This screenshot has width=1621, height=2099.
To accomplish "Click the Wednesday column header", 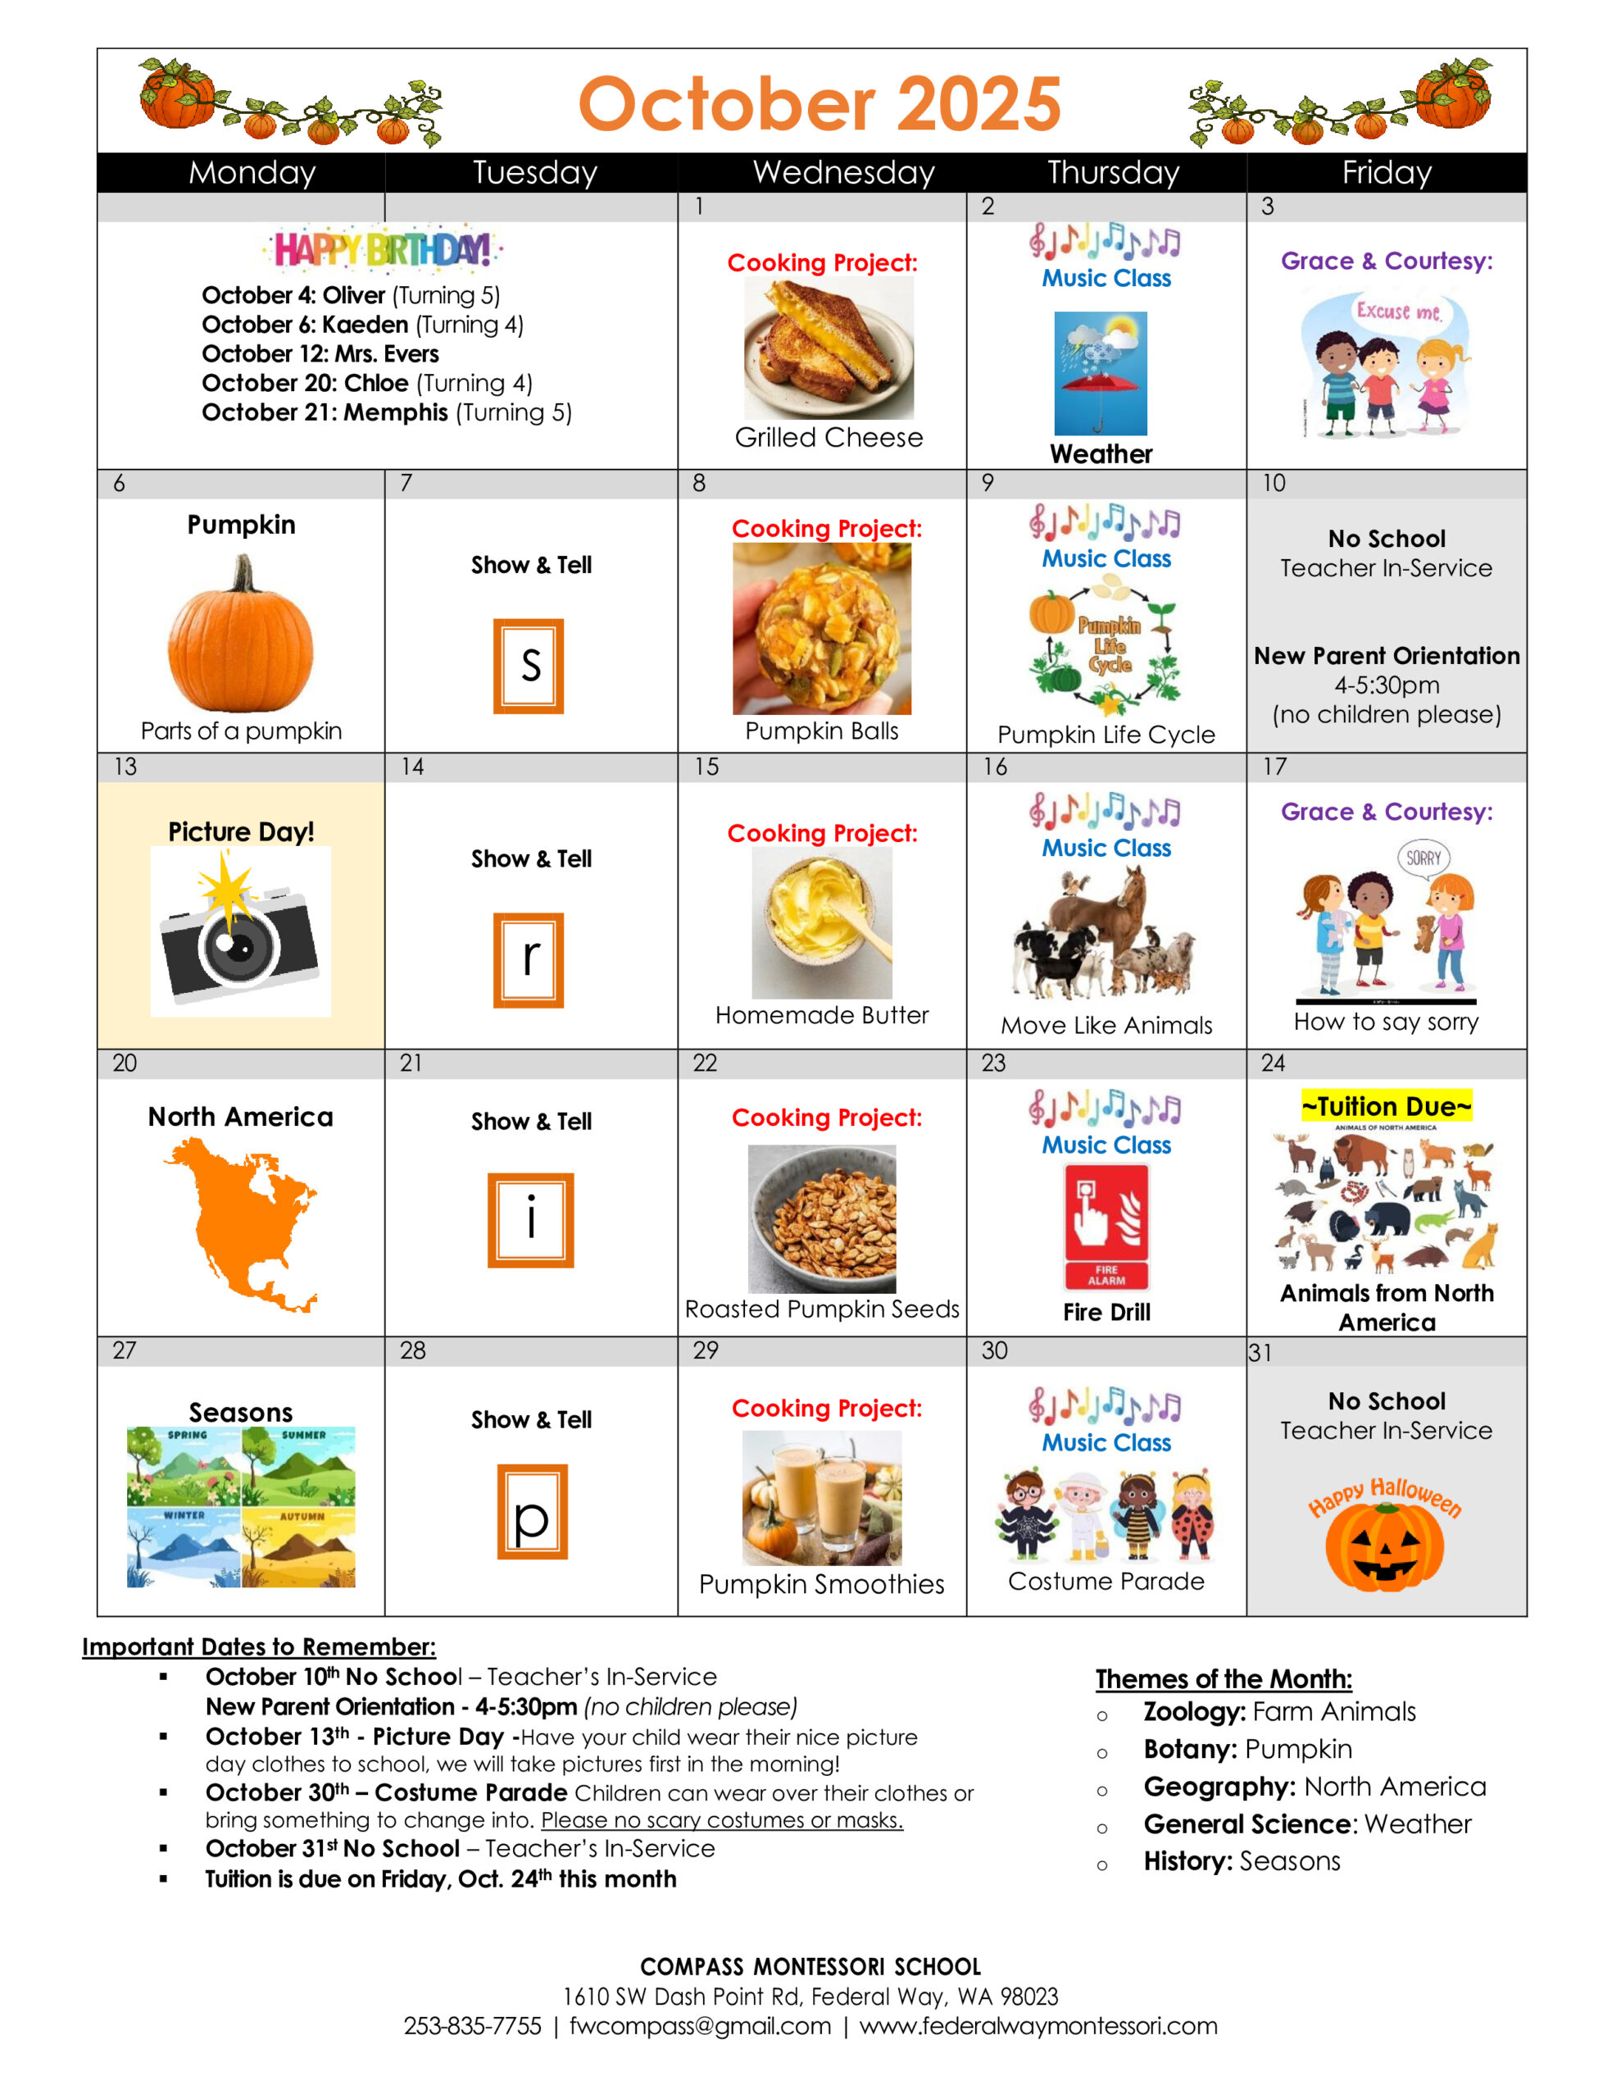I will coord(842,173).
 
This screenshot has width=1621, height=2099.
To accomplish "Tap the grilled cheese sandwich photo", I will coord(828,348).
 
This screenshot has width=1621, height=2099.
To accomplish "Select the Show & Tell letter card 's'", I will coord(529,666).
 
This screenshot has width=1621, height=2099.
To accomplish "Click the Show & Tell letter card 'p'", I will coord(531,1512).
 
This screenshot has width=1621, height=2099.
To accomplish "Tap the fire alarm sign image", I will coord(1106,1226).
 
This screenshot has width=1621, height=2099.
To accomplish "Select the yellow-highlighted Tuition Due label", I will coord(1386,1106).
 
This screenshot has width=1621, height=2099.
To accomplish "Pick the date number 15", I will coord(706,767).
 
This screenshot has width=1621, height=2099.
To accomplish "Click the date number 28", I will coord(412,1350).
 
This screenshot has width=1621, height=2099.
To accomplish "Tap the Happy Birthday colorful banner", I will coord(383,250).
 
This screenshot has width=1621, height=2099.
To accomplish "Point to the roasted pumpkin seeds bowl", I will coord(821,1218).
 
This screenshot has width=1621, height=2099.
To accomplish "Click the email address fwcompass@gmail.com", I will coord(700,2026).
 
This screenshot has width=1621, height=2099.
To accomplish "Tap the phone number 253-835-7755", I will coord(472,2026).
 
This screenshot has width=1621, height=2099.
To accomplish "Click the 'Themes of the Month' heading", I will coord(1224,1679).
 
